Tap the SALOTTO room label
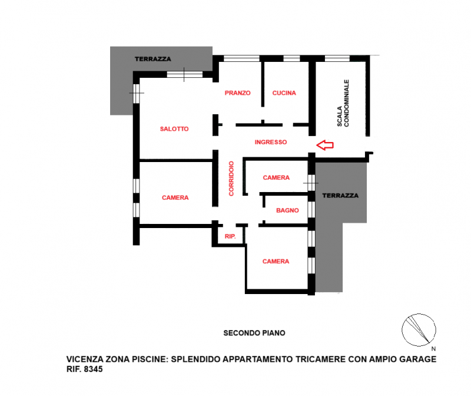pyautogui.click(x=174, y=129)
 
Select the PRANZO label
pyautogui.click(x=238, y=93)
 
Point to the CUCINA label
pyautogui.click(x=284, y=93)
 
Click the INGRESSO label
pyautogui.click(x=271, y=142)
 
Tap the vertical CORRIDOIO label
pyautogui.click(x=231, y=179)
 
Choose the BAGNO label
pyautogui.click(x=287, y=210)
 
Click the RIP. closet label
pyautogui.click(x=230, y=237)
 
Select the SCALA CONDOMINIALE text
pyautogui.click(x=343, y=103)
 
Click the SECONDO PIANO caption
pyautogui.click(x=254, y=333)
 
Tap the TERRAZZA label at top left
pyautogui.click(x=152, y=60)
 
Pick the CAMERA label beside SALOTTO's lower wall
pyautogui.click(x=175, y=198)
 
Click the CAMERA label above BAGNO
pyautogui.click(x=276, y=178)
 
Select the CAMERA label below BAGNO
pyautogui.click(x=276, y=262)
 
